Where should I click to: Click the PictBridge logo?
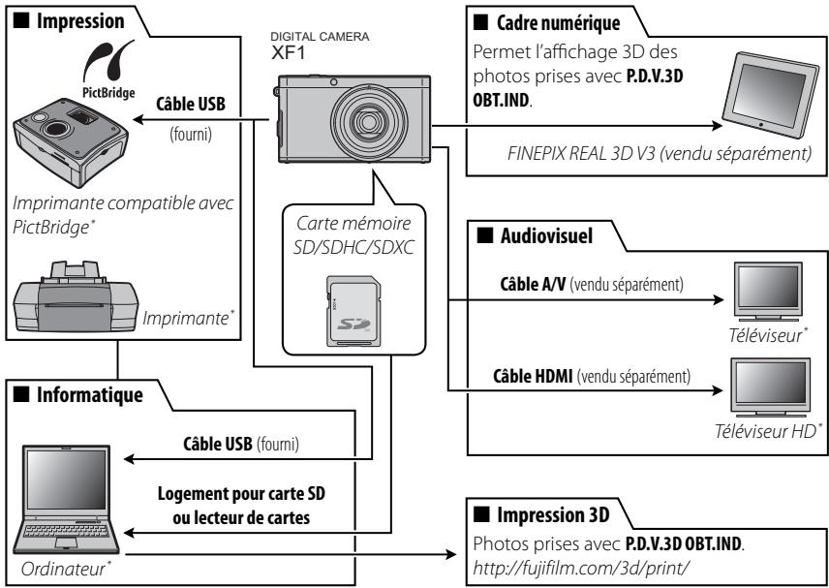[108, 70]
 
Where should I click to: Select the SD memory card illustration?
[353, 311]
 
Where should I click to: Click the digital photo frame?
[770, 95]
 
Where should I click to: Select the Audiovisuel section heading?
[546, 235]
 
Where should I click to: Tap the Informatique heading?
[89, 394]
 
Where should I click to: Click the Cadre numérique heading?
[558, 22]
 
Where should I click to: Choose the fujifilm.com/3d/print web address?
[581, 569]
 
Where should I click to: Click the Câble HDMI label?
[533, 377]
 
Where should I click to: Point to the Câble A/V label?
[533, 285]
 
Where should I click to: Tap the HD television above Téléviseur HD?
[771, 387]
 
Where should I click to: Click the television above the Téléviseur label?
[769, 292]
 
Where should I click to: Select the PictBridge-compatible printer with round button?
[71, 141]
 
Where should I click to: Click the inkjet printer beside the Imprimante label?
[76, 296]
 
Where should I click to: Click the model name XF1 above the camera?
[289, 52]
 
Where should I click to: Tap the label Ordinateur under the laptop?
[64, 569]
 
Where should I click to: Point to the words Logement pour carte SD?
[241, 494]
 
